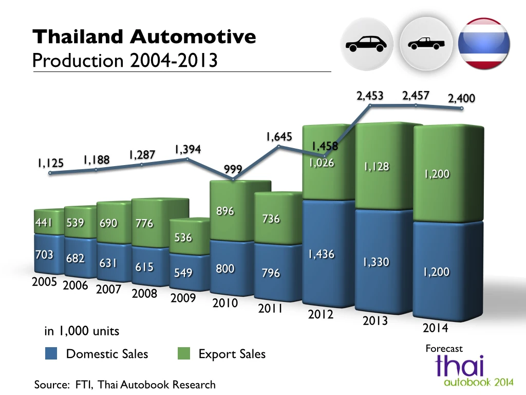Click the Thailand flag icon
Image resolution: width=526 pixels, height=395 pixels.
484,44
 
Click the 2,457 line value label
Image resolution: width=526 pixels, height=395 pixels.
416,96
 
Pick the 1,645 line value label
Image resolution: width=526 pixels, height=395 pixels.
279,137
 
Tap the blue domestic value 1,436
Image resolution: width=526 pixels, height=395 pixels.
322,254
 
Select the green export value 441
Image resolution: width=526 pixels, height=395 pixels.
44,223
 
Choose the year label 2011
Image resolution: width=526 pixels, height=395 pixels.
270,309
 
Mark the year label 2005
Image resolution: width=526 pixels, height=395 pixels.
44,282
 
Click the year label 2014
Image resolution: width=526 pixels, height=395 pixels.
435,328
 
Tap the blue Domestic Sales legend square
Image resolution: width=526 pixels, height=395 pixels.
51,354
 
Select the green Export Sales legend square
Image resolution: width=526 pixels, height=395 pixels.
184,354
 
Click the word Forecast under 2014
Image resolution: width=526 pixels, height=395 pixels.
444,349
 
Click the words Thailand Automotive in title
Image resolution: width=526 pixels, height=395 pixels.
144,37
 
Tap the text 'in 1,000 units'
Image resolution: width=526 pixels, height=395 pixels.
82,331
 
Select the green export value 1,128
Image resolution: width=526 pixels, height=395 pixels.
377,167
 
